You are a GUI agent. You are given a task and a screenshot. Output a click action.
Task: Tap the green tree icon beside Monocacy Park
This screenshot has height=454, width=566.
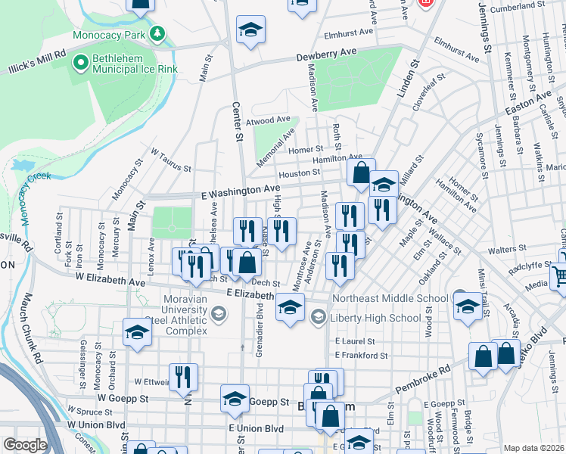click(157, 34)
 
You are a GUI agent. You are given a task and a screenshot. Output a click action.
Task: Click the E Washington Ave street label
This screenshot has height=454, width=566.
click(241, 191)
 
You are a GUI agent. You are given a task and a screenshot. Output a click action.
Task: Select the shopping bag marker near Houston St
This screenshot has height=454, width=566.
click(362, 172)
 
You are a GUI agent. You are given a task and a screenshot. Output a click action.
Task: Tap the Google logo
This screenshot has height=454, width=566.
click(25, 445)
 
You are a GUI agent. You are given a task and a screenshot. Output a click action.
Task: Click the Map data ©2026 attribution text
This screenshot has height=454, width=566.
click(534, 448)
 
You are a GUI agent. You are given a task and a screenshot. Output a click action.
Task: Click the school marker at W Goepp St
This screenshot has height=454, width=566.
click(235, 397)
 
